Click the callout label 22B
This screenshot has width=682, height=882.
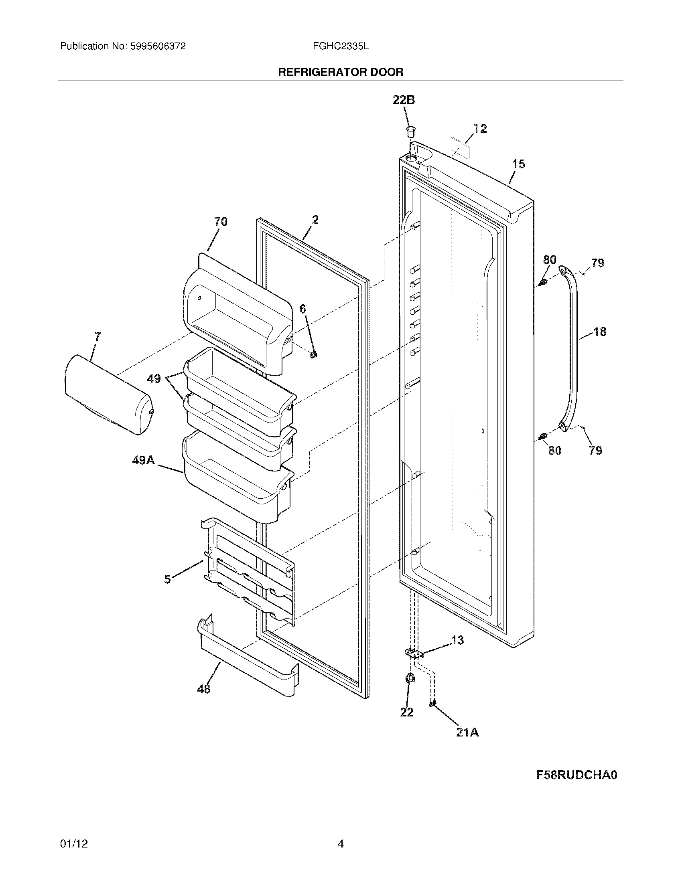click(x=404, y=100)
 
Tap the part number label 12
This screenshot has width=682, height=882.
click(x=480, y=128)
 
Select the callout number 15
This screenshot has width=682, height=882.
click(x=519, y=164)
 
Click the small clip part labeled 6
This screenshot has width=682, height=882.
click(x=314, y=354)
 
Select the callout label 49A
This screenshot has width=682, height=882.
click(x=144, y=460)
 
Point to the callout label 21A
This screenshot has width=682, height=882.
click(x=467, y=732)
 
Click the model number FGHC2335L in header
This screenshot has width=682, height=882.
click(x=341, y=47)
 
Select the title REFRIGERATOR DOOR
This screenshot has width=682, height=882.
click(x=341, y=72)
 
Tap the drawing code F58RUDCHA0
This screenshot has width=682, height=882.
click(x=576, y=775)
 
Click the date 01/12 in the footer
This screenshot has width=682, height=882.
click(x=74, y=844)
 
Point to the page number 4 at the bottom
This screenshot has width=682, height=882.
click(x=341, y=844)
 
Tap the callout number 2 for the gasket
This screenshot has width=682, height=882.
click(x=315, y=220)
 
